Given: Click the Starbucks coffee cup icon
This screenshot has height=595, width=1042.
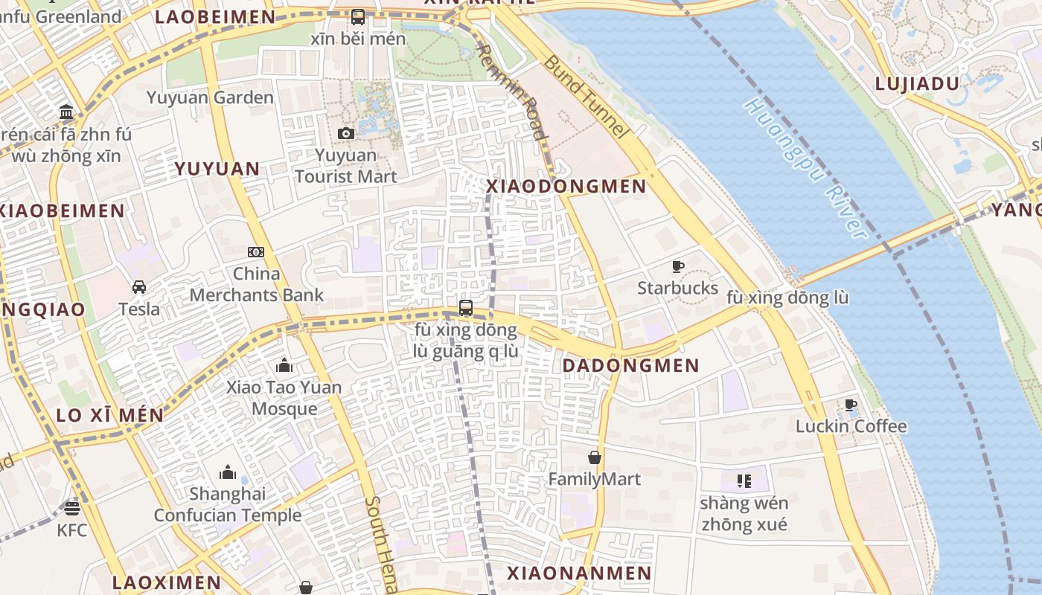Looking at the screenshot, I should [x=678, y=266].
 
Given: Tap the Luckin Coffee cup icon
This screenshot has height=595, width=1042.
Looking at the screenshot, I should [x=851, y=405].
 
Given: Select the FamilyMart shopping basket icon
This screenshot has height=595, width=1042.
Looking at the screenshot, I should [x=595, y=457].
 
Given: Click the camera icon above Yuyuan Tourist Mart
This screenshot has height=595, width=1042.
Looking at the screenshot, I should [x=345, y=133].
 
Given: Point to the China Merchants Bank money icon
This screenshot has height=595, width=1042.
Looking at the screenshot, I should [x=256, y=252].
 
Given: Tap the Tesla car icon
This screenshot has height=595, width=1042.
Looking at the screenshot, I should [x=139, y=286].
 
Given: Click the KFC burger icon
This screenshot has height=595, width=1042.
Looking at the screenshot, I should [x=72, y=508].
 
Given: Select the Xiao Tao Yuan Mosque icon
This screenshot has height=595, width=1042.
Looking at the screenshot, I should [x=284, y=365].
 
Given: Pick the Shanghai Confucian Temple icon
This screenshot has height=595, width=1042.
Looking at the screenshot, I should [x=228, y=472].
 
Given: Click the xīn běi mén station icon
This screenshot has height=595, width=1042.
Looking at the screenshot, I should [x=358, y=16].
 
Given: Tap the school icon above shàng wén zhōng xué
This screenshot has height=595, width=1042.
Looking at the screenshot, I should [x=743, y=481].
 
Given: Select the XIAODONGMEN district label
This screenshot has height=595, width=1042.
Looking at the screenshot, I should [x=566, y=187].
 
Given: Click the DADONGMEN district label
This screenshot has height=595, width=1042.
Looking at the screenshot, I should [x=630, y=366].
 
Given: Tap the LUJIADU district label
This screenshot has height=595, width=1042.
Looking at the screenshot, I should [x=917, y=84].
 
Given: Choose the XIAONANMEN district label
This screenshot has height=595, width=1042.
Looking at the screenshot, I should [x=579, y=573].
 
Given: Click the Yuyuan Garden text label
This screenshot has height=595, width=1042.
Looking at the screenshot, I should [x=210, y=97].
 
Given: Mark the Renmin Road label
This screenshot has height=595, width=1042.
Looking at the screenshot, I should [x=511, y=91].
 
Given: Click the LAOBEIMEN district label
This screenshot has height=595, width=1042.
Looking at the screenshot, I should [x=215, y=17].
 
